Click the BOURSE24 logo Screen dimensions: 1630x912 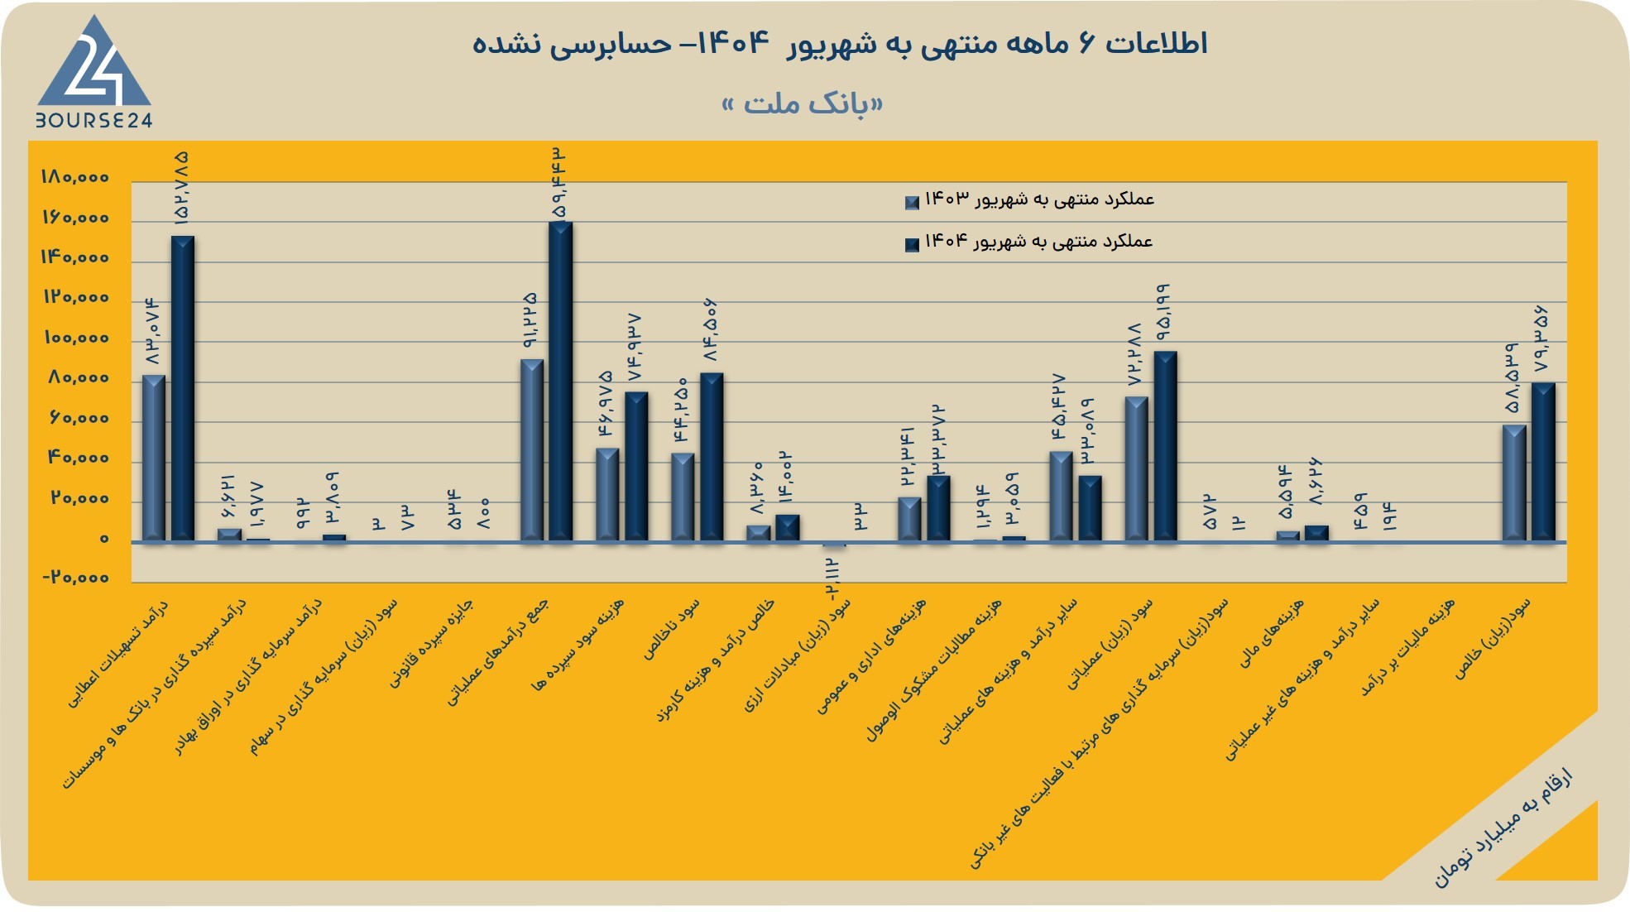point(93,73)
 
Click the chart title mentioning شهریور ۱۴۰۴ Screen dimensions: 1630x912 point(840,43)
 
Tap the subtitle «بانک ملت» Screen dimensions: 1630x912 point(803,104)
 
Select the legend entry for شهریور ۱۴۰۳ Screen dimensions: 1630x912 point(1030,200)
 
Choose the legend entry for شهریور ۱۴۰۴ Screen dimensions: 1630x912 point(1029,242)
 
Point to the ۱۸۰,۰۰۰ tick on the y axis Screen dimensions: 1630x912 point(74,177)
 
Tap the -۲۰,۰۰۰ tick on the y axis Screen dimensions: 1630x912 point(75,578)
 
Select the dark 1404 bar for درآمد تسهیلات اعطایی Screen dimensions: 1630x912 point(183,389)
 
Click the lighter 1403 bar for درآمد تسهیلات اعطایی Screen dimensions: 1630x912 point(154,458)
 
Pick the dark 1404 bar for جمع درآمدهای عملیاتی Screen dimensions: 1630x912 point(560,382)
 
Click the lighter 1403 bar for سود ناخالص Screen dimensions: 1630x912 point(683,497)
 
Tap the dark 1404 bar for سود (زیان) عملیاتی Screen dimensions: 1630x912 point(1165,447)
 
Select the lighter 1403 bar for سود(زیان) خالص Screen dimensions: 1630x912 point(1514,483)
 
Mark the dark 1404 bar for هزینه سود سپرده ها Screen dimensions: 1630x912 point(636,467)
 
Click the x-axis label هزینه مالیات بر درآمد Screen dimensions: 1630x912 point(1407,647)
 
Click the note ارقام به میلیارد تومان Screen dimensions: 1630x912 point(1503,828)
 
